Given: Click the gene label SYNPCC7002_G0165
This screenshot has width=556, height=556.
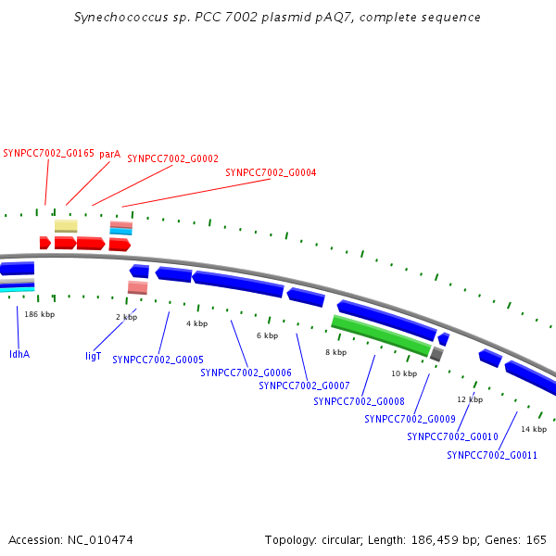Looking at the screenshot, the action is [48, 154].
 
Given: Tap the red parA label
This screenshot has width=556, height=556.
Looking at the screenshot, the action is [110, 154].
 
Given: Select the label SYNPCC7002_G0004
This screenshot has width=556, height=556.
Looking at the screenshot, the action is [271, 172].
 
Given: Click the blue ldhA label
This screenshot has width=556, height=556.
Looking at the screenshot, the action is [19, 354].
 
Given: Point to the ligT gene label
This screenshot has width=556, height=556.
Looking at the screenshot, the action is [94, 356].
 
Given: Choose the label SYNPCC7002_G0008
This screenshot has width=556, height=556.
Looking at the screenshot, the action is [359, 401].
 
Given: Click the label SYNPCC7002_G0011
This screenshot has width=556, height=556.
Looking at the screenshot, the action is [492, 455].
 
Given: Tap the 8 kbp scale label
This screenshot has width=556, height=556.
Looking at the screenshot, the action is [336, 352].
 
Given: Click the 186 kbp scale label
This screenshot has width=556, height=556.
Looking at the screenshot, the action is [39, 314].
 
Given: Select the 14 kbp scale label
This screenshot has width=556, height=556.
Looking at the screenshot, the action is [534, 429].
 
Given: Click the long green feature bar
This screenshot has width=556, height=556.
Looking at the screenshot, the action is [381, 335].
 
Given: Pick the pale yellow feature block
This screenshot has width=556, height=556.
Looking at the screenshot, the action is [66, 226].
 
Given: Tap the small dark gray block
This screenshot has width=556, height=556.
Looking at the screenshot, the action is [436, 354].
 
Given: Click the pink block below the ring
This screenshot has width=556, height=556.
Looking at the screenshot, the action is [137, 287].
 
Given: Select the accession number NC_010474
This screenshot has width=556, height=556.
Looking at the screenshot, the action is [100, 540].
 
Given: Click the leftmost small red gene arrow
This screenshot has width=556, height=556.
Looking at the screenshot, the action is [45, 243].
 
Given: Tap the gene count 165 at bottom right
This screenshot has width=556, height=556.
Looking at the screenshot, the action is [537, 540].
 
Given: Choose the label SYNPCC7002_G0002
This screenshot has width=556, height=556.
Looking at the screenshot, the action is [173, 158].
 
